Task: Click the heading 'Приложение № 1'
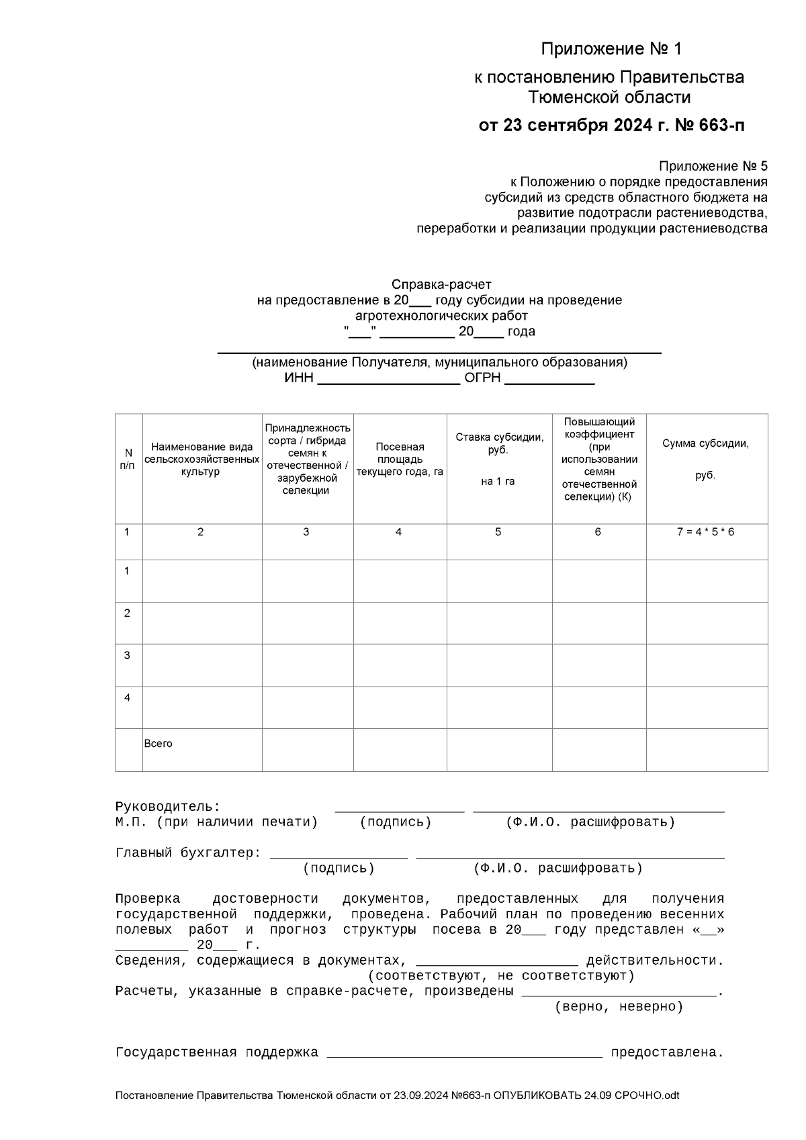point(611,49)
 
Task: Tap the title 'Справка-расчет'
point(441,284)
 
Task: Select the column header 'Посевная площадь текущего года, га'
point(400,459)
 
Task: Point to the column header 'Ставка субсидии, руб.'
point(499,443)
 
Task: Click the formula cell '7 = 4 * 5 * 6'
point(705,531)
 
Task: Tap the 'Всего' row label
point(159,744)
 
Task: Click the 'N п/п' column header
point(128,459)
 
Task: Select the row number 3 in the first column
point(127,655)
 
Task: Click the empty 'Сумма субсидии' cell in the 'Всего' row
point(707,749)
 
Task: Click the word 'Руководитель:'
point(168,806)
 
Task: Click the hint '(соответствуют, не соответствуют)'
point(501,975)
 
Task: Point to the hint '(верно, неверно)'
point(619,1006)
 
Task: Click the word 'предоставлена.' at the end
point(666,1053)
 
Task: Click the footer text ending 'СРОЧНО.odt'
point(397,1096)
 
